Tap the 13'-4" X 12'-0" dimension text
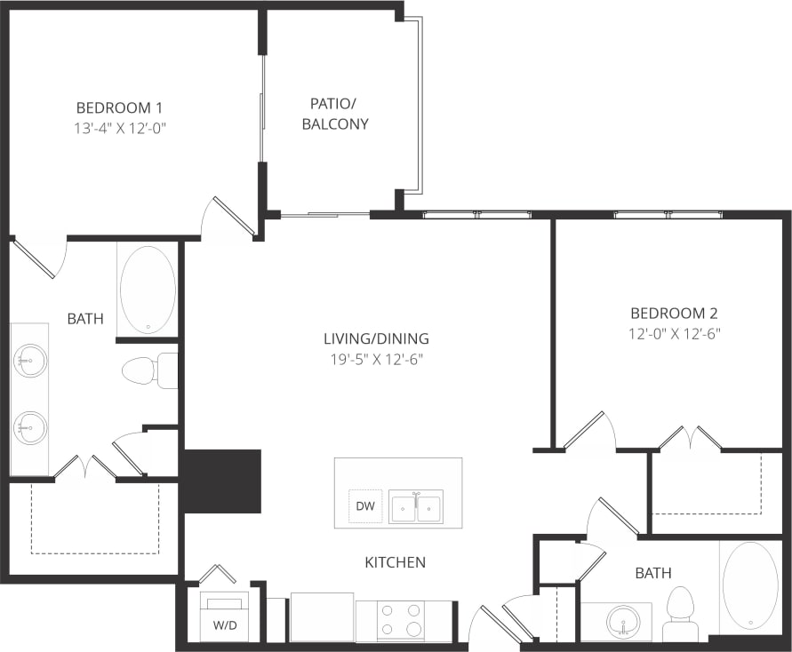click(120, 128)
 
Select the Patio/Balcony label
click(335, 113)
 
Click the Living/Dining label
click(376, 338)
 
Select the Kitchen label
click(395, 562)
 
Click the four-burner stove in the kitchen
click(402, 619)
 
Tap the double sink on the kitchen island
click(416, 506)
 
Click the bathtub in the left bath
click(148, 290)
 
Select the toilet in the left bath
click(148, 370)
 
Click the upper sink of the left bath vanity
click(29, 361)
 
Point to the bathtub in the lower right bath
click(749, 585)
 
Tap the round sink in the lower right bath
click(622, 621)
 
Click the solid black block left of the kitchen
click(222, 481)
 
